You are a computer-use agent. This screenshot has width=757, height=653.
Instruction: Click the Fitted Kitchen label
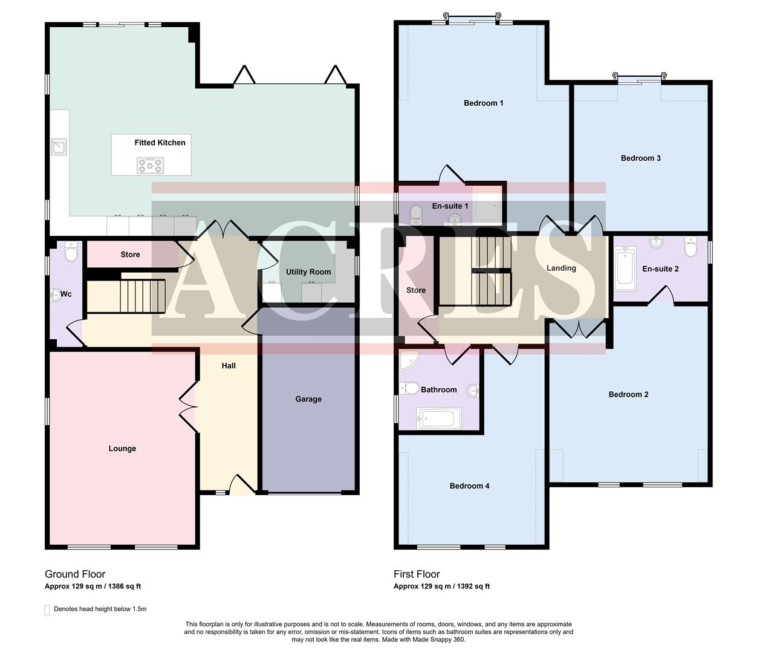pos(160,143)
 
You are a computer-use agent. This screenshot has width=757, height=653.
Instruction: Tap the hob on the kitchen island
pos(150,165)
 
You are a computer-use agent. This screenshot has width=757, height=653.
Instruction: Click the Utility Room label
pos(308,272)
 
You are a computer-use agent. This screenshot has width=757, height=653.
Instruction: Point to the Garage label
pos(308,399)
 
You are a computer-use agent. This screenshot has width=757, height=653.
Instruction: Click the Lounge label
pos(122,449)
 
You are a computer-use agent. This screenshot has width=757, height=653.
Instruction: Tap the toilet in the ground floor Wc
pos(71,253)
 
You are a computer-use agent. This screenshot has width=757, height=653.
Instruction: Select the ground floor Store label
pos(130,255)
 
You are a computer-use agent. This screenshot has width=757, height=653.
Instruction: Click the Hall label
pos(229,366)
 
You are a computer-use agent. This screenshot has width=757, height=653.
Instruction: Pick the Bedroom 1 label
pos(483,103)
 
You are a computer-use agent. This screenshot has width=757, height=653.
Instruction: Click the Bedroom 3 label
pos(640,158)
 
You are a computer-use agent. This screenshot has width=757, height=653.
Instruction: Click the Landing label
pos(561,268)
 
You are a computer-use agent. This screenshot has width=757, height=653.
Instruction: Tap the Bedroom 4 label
pos(469,486)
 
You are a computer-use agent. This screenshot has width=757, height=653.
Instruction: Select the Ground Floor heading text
pos(75,574)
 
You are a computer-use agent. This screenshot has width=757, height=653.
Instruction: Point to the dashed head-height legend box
pos(47,610)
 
